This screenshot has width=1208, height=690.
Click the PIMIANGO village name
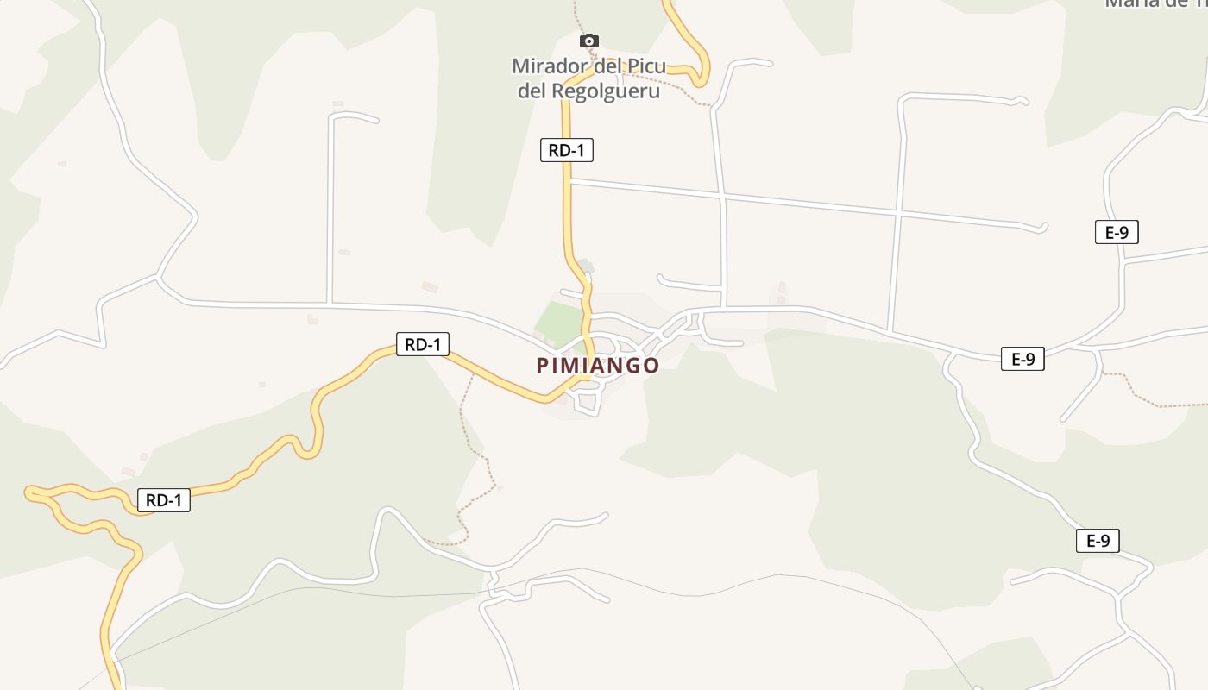tap(598, 366)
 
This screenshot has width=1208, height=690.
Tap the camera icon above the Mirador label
tap(589, 41)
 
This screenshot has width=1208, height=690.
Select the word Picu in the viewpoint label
tap(645, 66)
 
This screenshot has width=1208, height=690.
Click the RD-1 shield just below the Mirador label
tap(567, 150)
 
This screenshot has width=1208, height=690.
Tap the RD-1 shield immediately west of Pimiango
tap(423, 345)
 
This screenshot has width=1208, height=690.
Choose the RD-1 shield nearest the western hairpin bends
tap(164, 500)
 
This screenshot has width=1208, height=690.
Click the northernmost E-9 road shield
tap(1117, 232)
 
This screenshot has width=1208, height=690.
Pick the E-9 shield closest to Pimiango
tap(1022, 360)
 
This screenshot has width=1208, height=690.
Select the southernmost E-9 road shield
tap(1098, 541)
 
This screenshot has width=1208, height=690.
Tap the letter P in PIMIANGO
tap(543, 366)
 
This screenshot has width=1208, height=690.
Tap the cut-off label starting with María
tap(1156, 3)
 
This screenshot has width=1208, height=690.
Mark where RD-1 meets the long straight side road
tap(569, 181)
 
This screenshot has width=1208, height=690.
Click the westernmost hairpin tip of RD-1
tap(29, 492)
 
